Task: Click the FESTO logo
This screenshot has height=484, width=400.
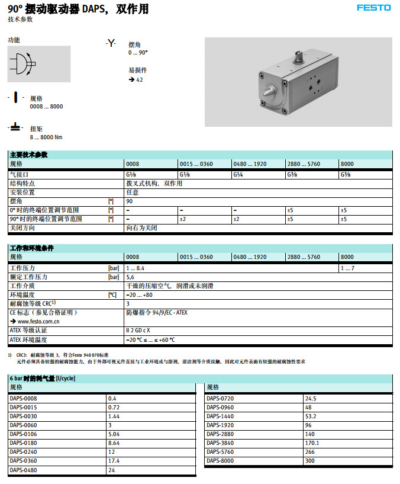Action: pos(373,8)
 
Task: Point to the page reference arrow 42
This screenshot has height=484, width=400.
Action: pos(136,79)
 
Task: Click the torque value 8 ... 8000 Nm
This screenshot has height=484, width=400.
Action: pos(46,137)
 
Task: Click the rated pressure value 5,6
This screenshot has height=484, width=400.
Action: pos(131,277)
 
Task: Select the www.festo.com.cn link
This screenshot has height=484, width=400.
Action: pos(37,321)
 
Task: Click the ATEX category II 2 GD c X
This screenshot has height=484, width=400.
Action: pos(138,331)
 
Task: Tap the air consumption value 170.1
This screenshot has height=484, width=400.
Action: pos(312,443)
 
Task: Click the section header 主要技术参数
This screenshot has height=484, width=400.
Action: pos(29,155)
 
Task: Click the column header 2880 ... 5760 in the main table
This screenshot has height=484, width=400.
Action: pos(304,164)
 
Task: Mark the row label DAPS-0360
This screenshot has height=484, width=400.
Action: pos(23,460)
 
